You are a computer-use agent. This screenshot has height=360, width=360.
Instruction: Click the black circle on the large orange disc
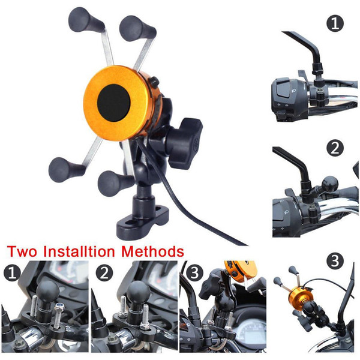(113, 103)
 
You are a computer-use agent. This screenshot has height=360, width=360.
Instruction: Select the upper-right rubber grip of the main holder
(137, 28)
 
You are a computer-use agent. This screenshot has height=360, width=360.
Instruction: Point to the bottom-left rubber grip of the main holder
(65, 170)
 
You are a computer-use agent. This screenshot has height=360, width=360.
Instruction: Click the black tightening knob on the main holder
(184, 143)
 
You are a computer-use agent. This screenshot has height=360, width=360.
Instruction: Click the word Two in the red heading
(22, 251)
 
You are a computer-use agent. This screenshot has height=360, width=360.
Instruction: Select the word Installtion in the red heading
(79, 251)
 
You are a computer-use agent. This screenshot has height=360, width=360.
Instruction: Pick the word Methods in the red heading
(152, 251)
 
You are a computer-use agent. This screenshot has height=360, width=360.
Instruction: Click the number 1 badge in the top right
(335, 23)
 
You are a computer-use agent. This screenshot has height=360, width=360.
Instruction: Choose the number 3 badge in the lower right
(335, 261)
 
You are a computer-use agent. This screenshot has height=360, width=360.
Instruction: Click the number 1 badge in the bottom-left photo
(12, 273)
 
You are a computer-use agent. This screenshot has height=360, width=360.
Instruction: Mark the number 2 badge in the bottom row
(104, 273)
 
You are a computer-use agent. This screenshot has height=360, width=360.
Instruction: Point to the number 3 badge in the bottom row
(194, 273)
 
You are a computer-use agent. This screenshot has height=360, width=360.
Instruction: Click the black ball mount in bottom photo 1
(49, 291)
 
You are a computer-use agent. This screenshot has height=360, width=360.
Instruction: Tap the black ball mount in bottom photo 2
(139, 292)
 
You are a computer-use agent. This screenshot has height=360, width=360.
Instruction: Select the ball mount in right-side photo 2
(330, 184)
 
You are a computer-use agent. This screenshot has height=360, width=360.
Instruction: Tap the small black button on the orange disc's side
(154, 82)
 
